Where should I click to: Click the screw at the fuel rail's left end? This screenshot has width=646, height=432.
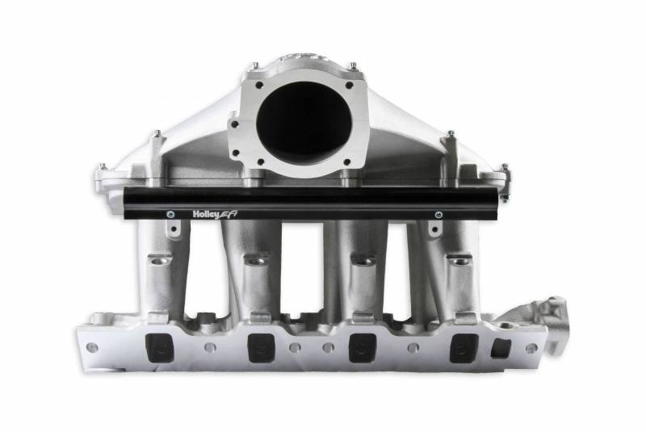click(170, 214)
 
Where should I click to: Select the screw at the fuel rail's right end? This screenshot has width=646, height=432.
click(438, 215)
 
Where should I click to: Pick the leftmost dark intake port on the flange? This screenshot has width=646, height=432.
click(157, 347)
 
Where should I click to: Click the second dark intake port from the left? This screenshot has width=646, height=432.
click(260, 347)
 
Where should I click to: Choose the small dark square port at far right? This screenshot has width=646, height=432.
click(501, 347)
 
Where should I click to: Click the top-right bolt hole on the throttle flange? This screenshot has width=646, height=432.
click(350, 84)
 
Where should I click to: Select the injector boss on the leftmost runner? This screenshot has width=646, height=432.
click(160, 260)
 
